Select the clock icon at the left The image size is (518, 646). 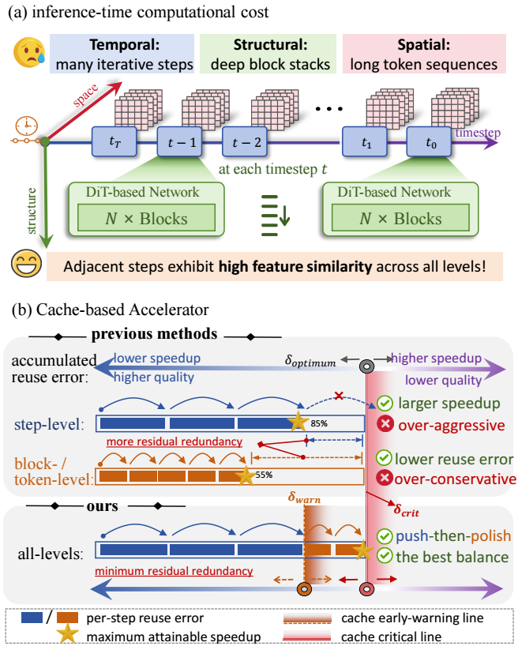(25, 127)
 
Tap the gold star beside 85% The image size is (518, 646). (298, 422)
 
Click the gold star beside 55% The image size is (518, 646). (246, 476)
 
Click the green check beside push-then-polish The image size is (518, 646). (385, 536)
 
